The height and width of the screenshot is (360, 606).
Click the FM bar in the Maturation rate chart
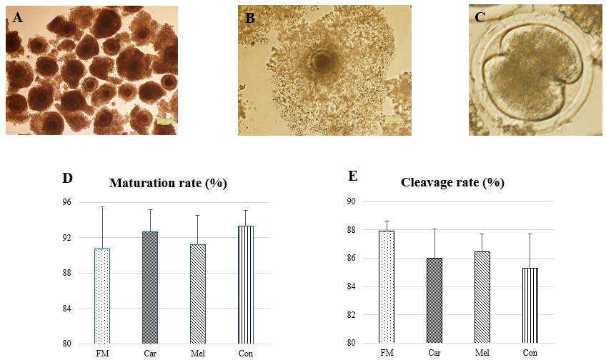pos(102,296)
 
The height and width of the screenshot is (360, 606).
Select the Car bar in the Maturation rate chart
pos(149,287)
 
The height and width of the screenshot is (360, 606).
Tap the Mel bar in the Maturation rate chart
pos(197,294)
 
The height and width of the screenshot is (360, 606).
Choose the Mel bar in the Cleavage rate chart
pos(482,297)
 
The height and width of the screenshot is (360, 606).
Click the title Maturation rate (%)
pos(168,184)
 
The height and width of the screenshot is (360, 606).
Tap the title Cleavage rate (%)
pos(453,182)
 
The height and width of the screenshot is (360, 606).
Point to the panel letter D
pos(68,178)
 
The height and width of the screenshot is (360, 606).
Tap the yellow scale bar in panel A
pos(164,121)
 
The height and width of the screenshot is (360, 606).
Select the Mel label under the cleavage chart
pos(482,353)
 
